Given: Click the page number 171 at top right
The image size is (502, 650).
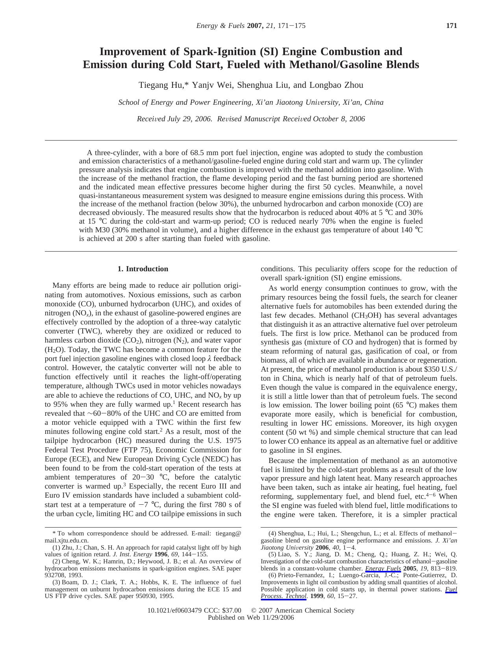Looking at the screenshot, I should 451,26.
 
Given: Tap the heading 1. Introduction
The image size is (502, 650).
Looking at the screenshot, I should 143,269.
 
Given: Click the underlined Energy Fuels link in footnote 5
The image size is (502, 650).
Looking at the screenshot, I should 383,569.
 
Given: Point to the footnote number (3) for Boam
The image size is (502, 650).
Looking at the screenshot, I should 56,582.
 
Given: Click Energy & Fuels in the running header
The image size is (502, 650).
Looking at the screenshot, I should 220,26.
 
